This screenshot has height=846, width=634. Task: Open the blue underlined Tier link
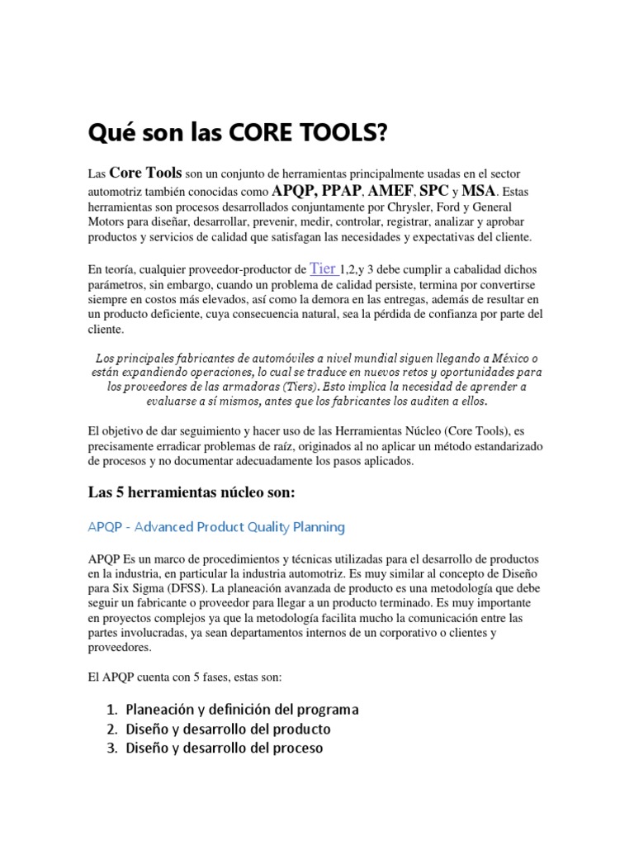[x=322, y=269]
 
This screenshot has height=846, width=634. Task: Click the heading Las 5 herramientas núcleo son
[x=191, y=493]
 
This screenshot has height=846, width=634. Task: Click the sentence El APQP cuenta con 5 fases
[x=185, y=677]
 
